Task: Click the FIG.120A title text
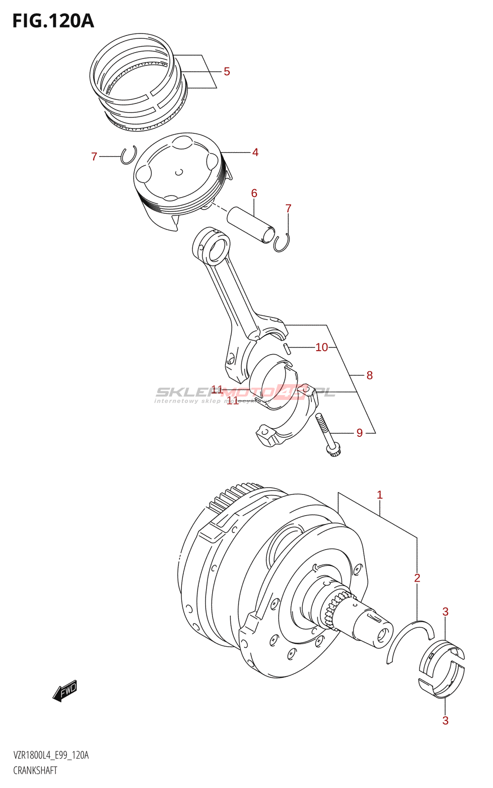tap(53, 21)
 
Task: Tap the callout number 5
tap(227, 72)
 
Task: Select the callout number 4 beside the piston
tap(255, 153)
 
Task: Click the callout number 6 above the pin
tap(254, 193)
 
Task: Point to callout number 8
tap(369, 376)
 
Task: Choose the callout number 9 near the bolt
tap(359, 433)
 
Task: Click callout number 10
tap(321, 348)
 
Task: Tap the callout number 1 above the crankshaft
tap(380, 495)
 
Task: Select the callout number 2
tap(417, 578)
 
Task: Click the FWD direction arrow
tap(65, 690)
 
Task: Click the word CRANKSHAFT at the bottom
tap(35, 771)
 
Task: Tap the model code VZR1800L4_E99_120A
tap(51, 755)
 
